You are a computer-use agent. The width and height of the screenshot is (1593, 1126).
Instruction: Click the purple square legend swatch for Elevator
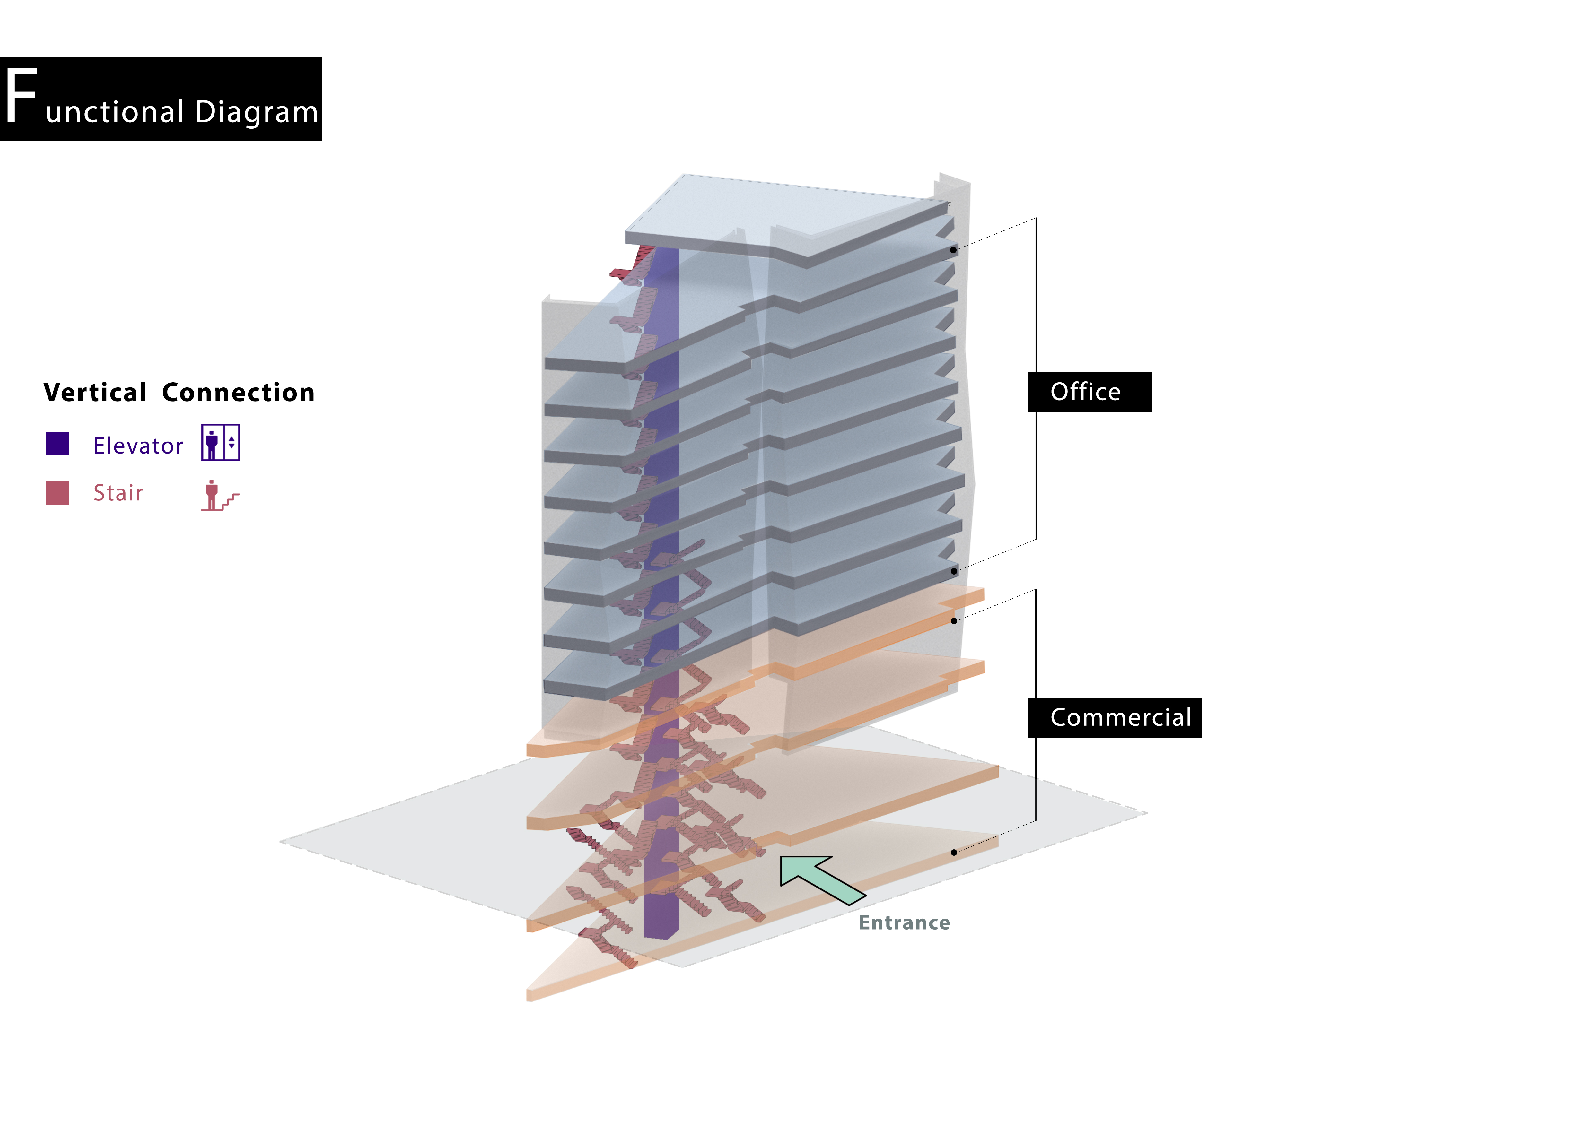57,443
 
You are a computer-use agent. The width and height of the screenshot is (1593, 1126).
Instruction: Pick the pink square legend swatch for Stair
57,493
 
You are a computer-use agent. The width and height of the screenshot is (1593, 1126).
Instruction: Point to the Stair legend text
118,493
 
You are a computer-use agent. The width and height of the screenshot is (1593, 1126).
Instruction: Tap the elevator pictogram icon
221,442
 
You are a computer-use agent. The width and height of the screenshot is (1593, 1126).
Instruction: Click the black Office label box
1089,393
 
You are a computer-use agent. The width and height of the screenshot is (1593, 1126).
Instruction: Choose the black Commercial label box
1114,718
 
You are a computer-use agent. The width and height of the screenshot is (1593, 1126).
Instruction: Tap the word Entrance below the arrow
904,923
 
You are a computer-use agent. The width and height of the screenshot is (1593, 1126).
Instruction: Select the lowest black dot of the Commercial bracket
954,852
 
